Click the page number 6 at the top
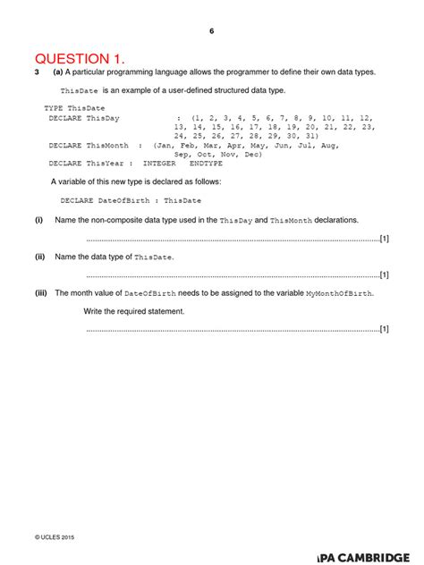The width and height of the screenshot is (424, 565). (x=212, y=31)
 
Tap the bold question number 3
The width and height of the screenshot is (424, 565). (x=38, y=72)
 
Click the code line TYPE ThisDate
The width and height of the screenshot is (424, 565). (x=74, y=107)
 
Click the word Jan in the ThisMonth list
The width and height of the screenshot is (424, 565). (x=165, y=145)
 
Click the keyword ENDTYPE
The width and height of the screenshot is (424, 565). (x=207, y=164)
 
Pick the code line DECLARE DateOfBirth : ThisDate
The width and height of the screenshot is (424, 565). (x=131, y=200)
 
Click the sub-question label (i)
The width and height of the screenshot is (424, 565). (x=39, y=219)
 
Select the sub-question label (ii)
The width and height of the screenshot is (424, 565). (x=40, y=257)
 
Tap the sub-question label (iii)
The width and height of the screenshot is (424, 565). (x=41, y=293)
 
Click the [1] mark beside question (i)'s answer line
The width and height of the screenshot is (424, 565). (x=384, y=239)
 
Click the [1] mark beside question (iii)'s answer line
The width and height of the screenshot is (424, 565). (x=384, y=329)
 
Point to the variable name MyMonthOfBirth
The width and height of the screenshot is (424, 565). (x=340, y=293)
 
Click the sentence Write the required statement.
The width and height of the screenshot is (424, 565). (x=134, y=311)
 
